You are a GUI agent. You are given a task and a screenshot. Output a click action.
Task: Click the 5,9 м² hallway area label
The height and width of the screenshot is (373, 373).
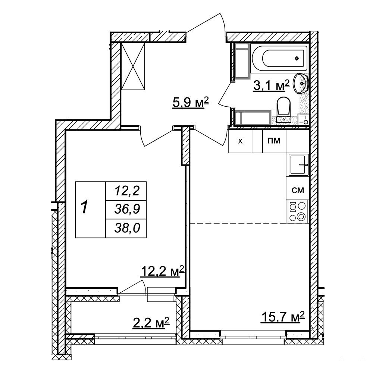click(191, 103)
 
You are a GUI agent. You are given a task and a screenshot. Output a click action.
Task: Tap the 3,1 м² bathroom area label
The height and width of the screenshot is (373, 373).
click(272, 85)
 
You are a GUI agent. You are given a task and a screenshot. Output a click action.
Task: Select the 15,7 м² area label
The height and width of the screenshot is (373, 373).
click(283, 317)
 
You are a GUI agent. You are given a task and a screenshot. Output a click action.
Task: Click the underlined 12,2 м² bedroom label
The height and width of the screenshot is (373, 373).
click(163, 271)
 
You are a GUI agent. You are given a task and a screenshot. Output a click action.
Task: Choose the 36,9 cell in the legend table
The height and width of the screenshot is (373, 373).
click(127, 209)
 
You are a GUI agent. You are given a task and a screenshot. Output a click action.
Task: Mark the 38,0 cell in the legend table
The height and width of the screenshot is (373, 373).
click(127, 228)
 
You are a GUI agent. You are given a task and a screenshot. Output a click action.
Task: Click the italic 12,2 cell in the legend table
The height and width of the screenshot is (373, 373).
click(127, 191)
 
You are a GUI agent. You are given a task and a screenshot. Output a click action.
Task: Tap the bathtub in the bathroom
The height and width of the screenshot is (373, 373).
click(279, 58)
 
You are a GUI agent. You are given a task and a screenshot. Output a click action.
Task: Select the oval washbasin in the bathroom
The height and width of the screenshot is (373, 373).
click(300, 84)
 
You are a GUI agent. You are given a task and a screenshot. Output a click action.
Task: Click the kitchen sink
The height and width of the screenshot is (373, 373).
click(298, 164)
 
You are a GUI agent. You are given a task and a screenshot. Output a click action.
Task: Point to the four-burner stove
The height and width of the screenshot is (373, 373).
click(298, 211)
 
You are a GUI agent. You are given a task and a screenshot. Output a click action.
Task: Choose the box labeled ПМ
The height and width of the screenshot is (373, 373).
click(274, 141)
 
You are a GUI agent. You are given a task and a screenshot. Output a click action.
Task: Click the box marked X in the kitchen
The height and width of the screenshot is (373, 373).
click(240, 141)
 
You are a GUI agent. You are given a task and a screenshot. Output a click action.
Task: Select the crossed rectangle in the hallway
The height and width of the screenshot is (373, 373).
click(133, 66)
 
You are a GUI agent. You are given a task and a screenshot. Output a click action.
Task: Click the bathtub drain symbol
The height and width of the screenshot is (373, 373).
click(297, 58)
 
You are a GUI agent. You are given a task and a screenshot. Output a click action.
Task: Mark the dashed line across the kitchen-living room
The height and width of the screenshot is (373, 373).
click(238, 223)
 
